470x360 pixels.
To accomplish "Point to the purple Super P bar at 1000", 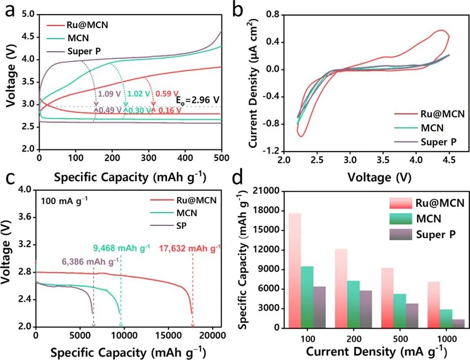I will tap(457, 323).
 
